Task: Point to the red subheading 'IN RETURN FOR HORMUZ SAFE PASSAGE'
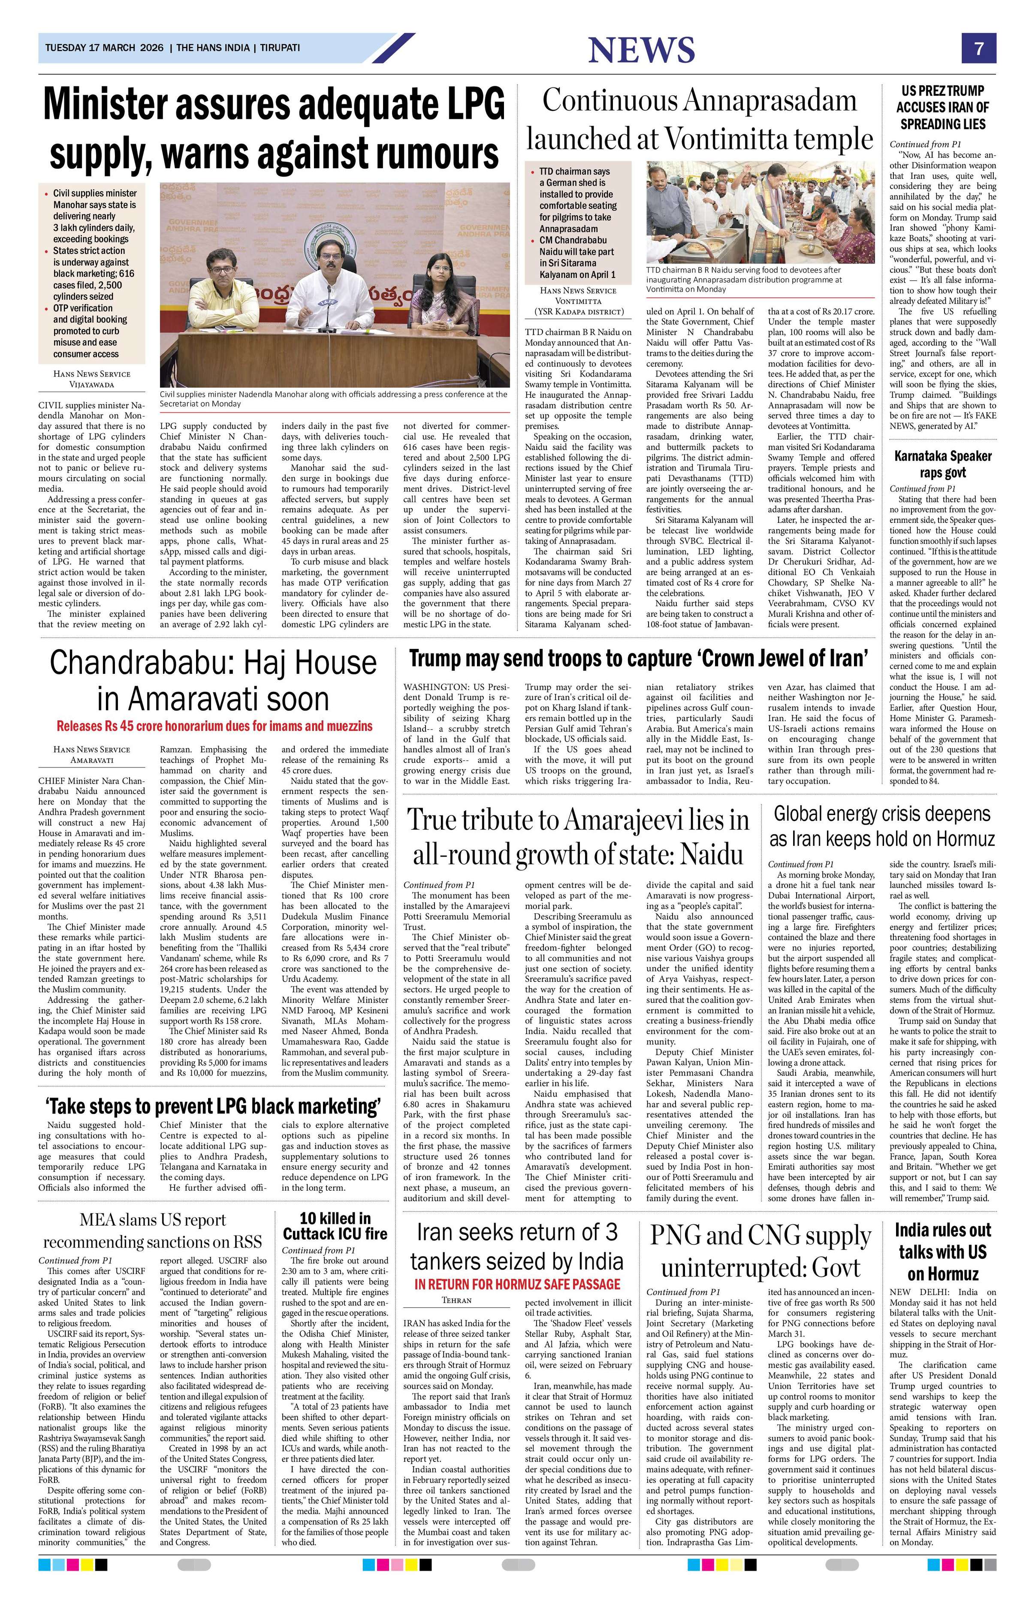tap(517, 1284)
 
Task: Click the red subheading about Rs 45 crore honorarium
tap(214, 726)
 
